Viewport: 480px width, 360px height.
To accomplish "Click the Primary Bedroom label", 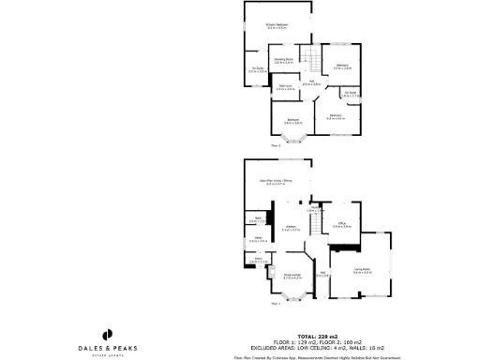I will [277, 26].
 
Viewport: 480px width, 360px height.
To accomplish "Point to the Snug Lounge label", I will [292, 276].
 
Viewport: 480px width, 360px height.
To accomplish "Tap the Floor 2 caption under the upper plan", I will [276, 146].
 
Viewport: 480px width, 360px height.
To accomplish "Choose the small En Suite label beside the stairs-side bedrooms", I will [350, 94].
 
